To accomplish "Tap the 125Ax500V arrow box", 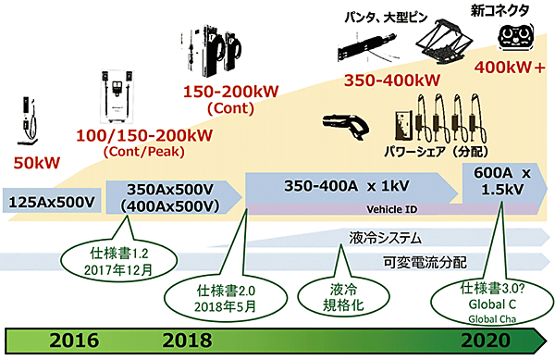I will (52, 201).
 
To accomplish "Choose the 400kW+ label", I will (511, 67).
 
